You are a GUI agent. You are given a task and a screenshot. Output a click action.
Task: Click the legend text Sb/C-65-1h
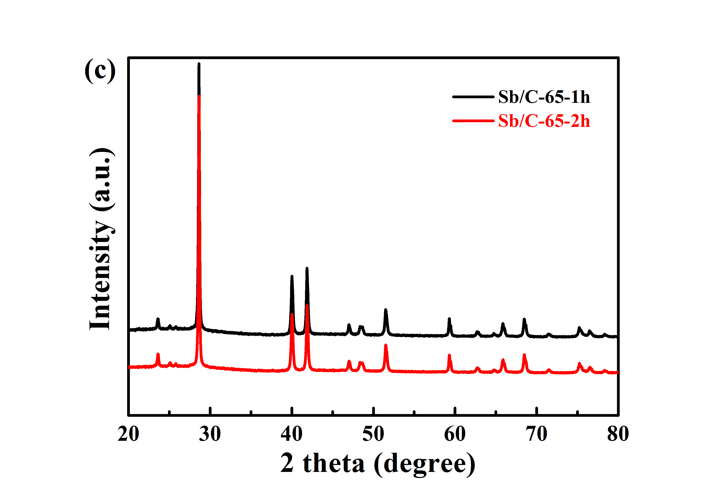(x=544, y=97)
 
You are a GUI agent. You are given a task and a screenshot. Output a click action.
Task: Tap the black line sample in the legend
(x=473, y=97)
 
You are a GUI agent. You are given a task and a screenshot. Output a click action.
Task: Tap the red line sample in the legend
(x=473, y=121)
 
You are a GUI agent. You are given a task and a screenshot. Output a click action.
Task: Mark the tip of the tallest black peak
(x=199, y=64)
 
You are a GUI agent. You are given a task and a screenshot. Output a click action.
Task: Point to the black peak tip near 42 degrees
(x=307, y=268)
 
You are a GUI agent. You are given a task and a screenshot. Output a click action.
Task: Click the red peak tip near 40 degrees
(x=292, y=314)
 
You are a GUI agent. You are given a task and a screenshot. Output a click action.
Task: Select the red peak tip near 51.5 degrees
(x=386, y=345)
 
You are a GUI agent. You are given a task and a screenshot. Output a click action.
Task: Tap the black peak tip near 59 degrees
(x=449, y=319)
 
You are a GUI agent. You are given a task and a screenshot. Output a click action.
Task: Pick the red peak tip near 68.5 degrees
(x=524, y=355)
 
